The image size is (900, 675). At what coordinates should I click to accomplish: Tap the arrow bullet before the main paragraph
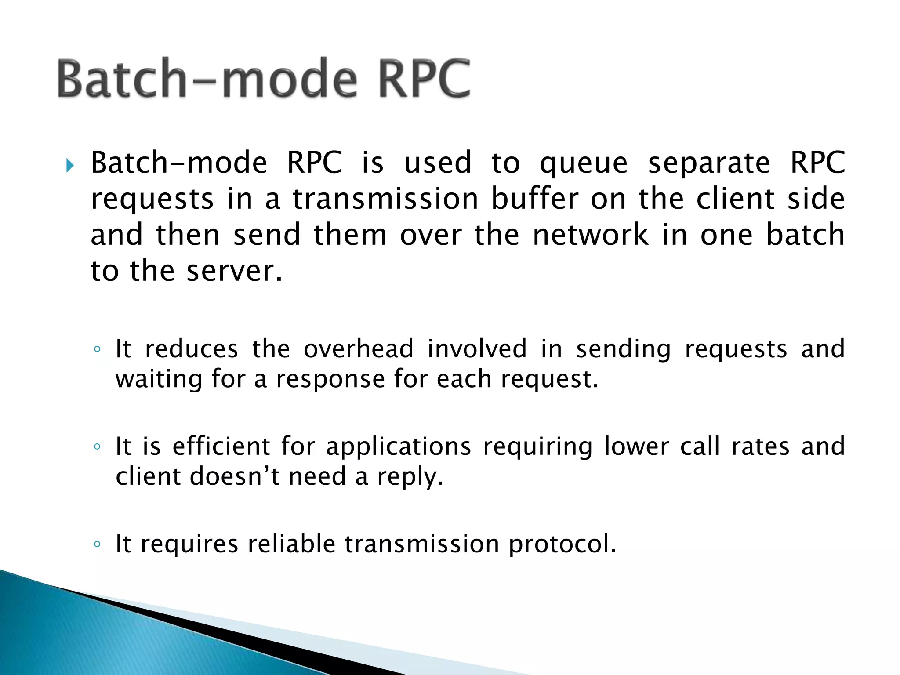tap(69, 166)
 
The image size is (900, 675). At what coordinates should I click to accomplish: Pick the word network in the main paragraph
tap(590, 234)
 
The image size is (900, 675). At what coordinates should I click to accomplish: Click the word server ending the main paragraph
tap(234, 271)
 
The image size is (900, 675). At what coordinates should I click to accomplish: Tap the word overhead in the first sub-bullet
tap(359, 349)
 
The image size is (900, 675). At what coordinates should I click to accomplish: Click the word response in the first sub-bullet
tap(330, 379)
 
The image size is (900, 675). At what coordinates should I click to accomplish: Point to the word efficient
tap(221, 446)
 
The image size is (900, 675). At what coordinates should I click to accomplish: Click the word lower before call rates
tap(637, 446)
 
